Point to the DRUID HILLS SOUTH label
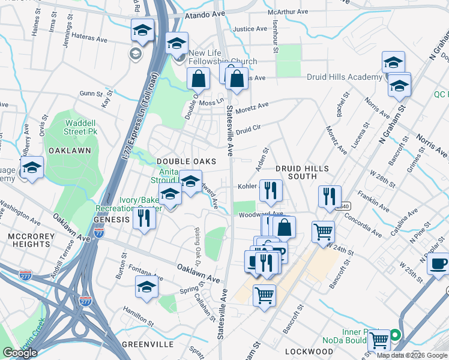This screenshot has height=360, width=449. (296, 173)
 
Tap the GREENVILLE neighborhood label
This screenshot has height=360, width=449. (148, 344)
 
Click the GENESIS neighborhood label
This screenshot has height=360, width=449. (112, 220)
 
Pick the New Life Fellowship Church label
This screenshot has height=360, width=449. (223, 62)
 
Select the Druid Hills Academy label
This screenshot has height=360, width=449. (345, 77)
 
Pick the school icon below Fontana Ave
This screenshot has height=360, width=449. (147, 287)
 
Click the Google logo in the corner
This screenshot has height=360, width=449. (20, 353)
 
